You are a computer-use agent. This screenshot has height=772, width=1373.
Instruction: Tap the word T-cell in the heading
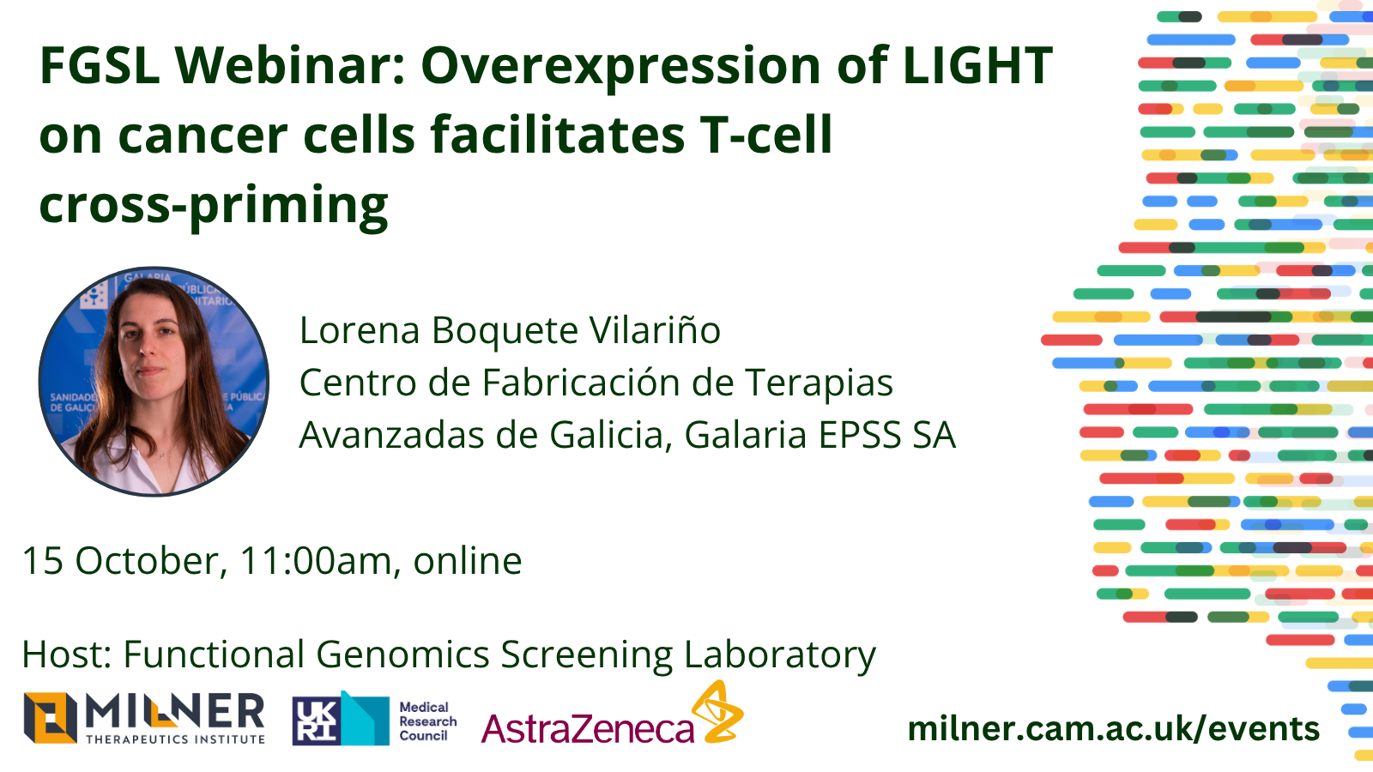pos(765,135)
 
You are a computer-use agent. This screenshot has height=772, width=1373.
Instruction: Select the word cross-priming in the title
pos(214,206)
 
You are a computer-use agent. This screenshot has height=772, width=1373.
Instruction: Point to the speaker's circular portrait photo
pos(154,381)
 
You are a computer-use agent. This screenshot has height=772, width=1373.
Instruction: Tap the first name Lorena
pos(360,330)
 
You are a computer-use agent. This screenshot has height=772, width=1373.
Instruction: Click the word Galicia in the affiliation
pos(610,435)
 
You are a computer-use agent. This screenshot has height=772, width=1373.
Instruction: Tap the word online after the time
pos(468,561)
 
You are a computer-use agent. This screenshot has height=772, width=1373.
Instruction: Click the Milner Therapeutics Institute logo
pos(144,718)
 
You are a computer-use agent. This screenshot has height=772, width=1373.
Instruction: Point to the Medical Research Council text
pos(427,721)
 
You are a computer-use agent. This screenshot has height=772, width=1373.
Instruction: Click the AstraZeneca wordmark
pos(588,729)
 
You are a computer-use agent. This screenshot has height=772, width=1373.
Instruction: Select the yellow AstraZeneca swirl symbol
pos(717,711)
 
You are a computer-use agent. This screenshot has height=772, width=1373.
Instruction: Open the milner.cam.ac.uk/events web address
pos(1113,728)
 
